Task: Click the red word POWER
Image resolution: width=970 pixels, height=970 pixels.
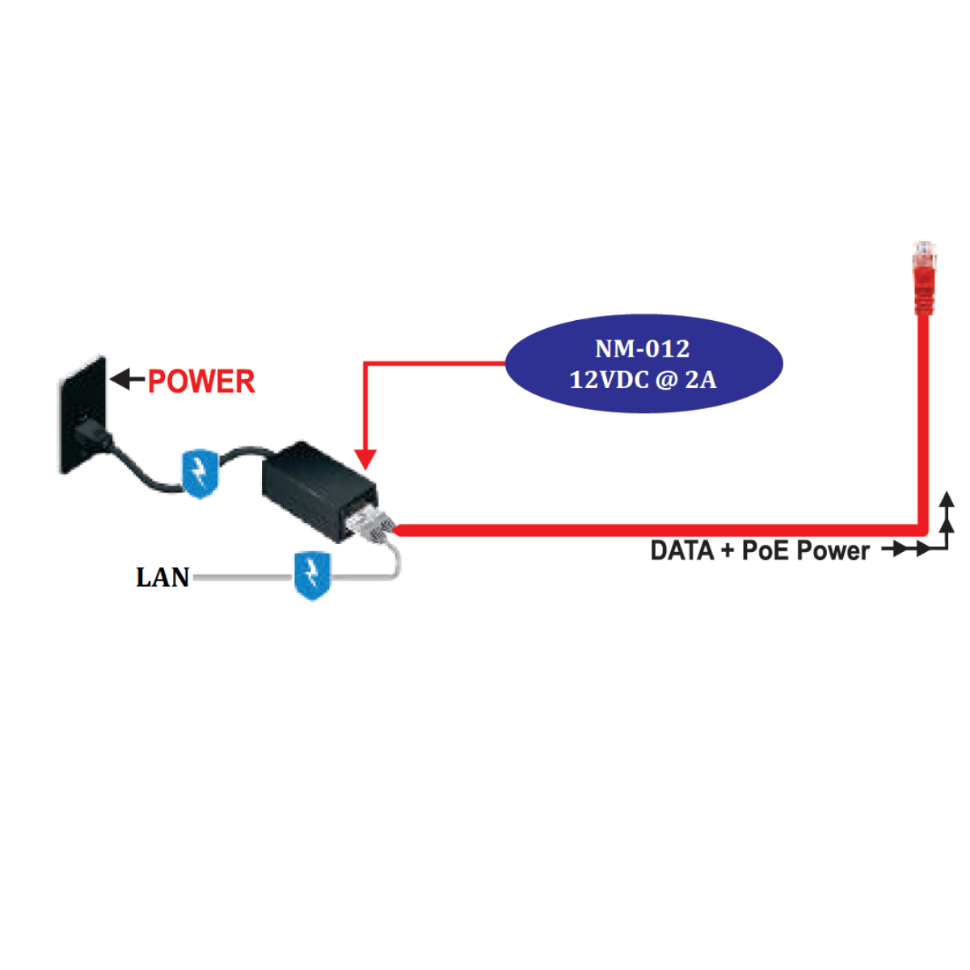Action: click(x=201, y=382)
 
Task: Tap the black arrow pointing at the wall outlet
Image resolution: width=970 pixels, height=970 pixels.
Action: click(x=126, y=379)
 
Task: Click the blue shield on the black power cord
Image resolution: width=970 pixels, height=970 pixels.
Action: click(x=199, y=473)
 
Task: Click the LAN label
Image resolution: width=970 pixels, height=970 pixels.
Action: click(x=162, y=577)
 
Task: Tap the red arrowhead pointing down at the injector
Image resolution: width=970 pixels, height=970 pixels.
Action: click(x=365, y=459)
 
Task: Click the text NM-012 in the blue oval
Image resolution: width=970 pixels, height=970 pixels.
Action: click(x=643, y=349)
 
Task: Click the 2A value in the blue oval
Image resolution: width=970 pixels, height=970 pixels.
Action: click(x=700, y=380)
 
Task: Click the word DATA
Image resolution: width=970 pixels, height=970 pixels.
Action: click(x=682, y=551)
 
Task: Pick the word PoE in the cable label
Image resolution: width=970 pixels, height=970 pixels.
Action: click(x=765, y=551)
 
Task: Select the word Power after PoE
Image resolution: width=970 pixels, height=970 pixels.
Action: click(x=833, y=551)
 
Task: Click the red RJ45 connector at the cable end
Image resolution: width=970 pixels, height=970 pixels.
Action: click(x=924, y=278)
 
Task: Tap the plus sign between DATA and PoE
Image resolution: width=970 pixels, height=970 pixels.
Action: click(x=728, y=552)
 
